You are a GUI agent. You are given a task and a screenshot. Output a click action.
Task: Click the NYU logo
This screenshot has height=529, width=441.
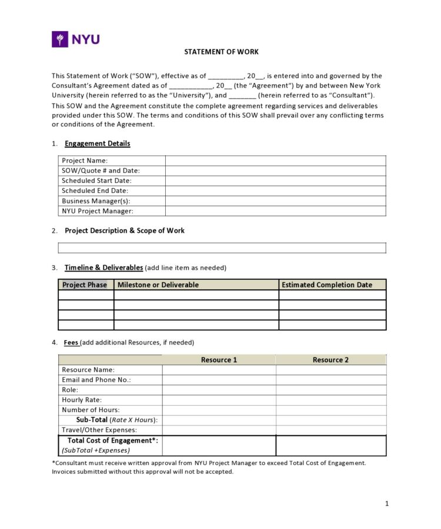[x=76, y=39]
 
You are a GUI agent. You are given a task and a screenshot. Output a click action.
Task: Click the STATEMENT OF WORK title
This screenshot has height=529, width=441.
[x=221, y=52]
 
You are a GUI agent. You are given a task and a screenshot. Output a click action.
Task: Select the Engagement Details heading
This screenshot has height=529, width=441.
[x=97, y=143]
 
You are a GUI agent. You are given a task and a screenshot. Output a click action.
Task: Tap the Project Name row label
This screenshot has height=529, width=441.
[x=85, y=160]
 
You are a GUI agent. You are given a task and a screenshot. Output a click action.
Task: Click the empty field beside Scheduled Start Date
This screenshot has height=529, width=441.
[x=275, y=180]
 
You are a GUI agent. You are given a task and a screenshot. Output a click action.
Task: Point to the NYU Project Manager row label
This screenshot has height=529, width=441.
[x=98, y=211]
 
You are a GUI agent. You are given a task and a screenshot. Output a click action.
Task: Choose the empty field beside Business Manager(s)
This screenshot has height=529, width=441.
[x=275, y=201]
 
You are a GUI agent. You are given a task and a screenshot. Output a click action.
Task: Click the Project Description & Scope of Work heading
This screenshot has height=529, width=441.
[x=124, y=230]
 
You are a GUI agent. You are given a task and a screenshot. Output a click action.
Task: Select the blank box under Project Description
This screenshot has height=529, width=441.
[x=222, y=247]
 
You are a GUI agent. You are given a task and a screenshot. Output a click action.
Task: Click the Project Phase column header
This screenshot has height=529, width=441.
[x=85, y=285]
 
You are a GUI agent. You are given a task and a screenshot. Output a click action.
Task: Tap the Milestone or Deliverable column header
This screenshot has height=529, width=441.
[x=158, y=285]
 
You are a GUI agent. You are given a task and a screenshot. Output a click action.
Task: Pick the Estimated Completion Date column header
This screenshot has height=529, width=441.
[x=327, y=285]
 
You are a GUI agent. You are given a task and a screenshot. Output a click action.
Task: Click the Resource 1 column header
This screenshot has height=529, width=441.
[x=219, y=360]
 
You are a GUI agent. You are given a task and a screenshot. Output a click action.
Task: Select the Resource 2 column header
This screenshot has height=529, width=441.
[x=330, y=360]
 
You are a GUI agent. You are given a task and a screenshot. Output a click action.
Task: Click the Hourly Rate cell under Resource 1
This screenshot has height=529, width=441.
[x=219, y=400]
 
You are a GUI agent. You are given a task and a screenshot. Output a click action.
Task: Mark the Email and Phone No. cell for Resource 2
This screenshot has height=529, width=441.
[x=330, y=380]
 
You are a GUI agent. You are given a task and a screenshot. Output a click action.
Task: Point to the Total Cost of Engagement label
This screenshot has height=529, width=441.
[x=112, y=440]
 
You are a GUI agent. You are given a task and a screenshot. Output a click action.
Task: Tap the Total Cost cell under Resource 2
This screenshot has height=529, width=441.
[x=330, y=446]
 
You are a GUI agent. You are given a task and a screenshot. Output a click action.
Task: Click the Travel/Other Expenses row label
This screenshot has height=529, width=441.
[x=99, y=430]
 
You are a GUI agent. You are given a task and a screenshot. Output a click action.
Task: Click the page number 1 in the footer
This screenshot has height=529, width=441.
[x=387, y=503]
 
